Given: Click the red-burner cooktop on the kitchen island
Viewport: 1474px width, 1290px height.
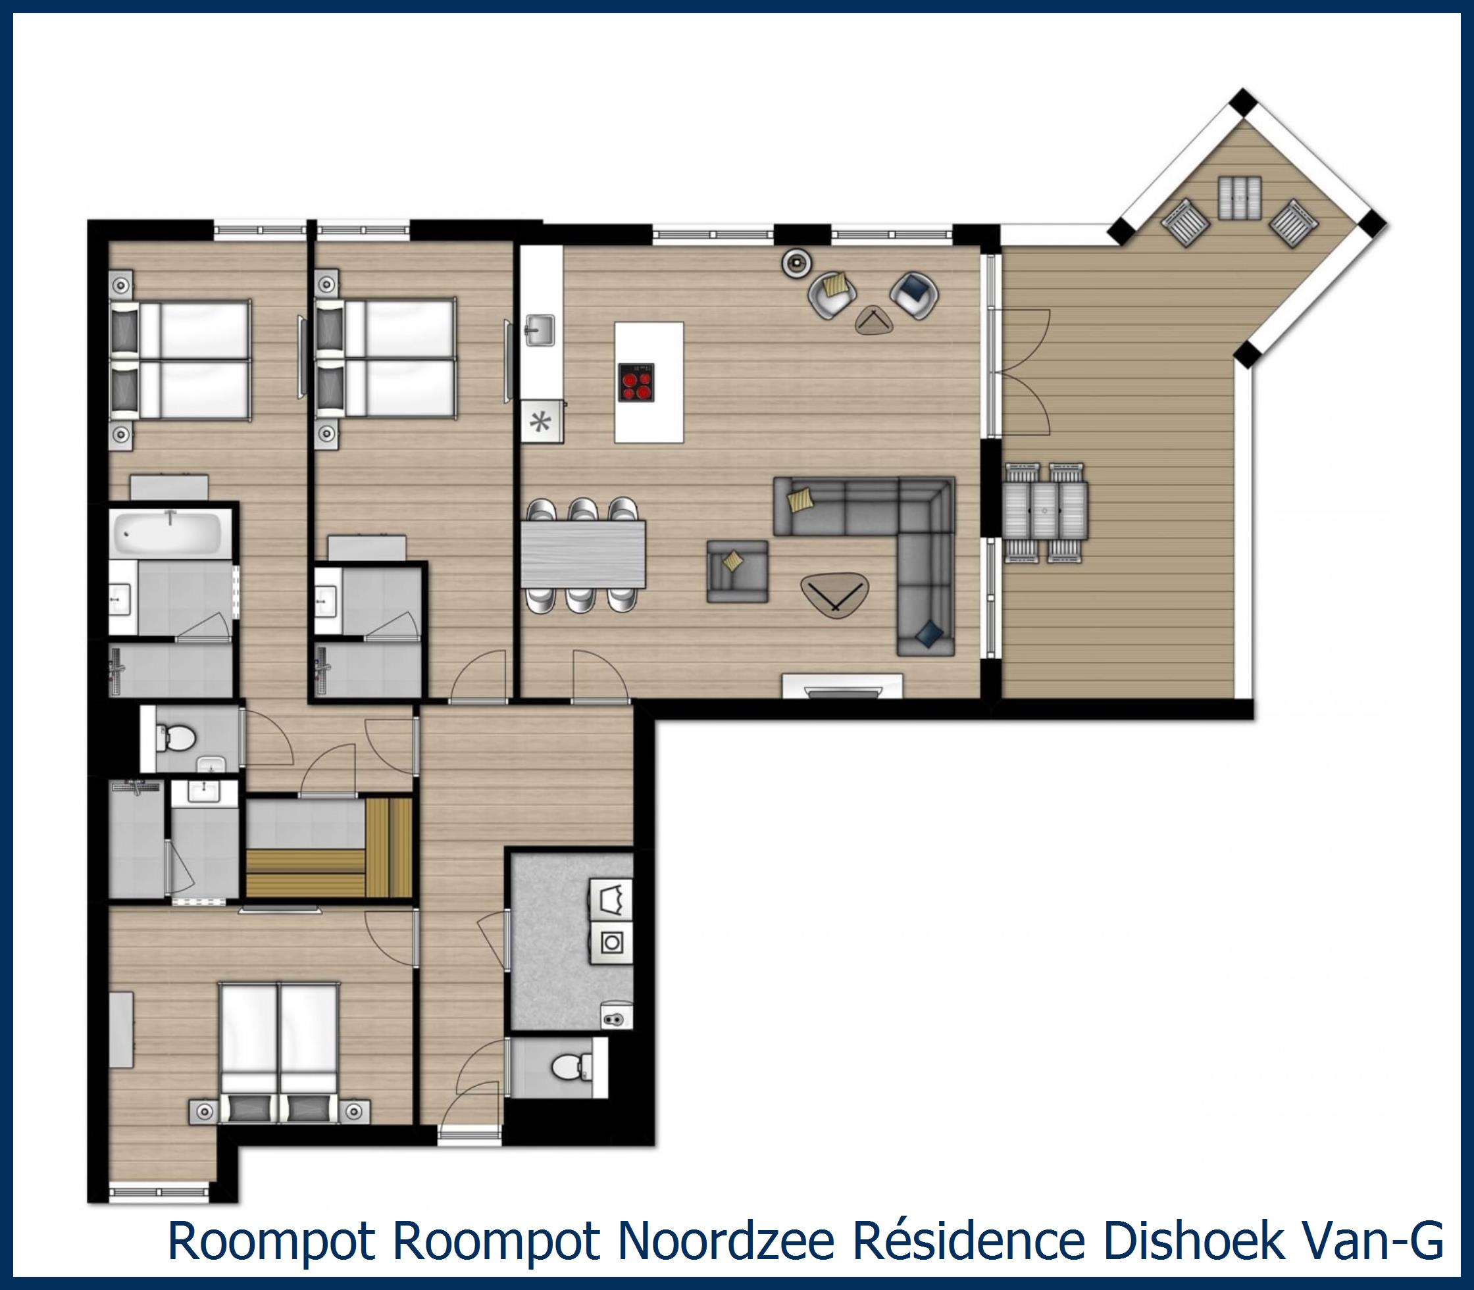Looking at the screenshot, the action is (636, 382).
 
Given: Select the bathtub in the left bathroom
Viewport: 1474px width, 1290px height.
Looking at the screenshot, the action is (170, 533).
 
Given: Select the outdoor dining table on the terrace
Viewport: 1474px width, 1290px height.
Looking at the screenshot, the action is (1046, 511).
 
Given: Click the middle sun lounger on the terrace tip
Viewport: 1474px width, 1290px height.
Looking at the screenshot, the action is (1239, 197).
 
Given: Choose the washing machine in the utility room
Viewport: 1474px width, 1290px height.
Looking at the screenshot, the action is (611, 942).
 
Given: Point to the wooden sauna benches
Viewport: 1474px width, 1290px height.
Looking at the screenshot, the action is (329, 848).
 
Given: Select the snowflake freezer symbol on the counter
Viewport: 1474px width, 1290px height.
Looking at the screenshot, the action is (540, 422).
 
